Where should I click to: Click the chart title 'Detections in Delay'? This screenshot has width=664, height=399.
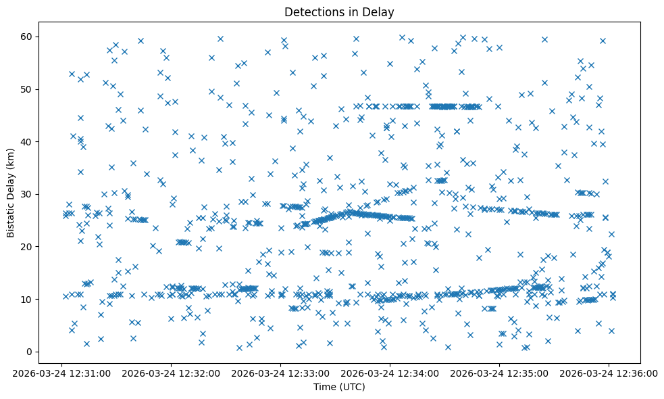point(338,12)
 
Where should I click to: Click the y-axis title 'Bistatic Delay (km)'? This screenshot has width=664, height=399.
point(11,193)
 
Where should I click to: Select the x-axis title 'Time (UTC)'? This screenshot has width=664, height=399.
point(338,387)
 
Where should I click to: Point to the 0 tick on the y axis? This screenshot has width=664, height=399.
point(29,352)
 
